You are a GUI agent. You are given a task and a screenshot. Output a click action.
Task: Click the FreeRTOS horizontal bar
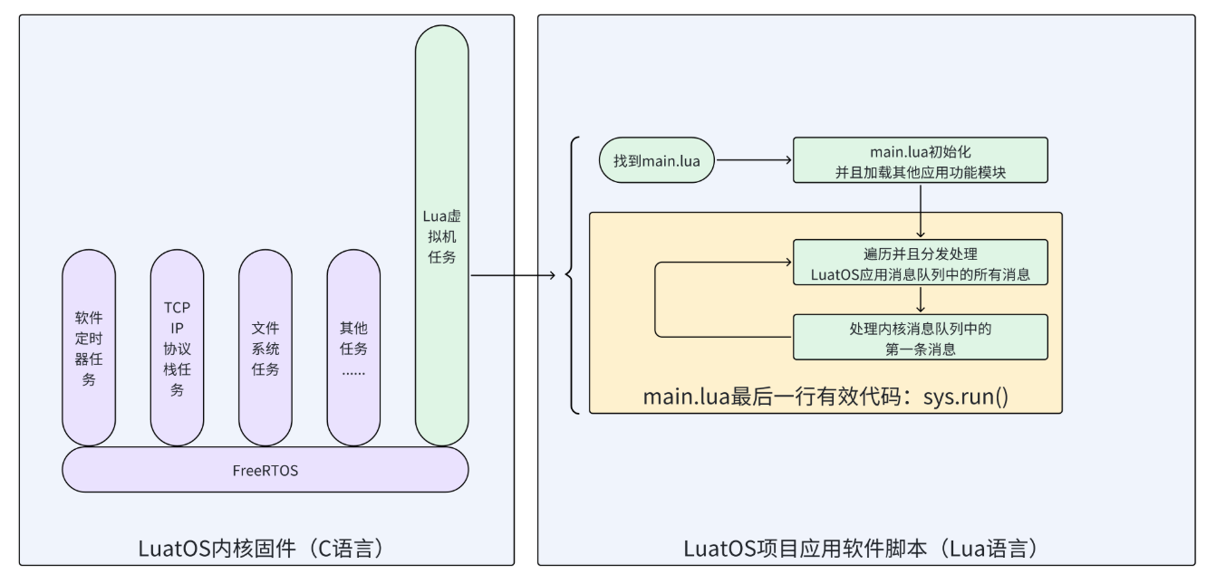(x=265, y=471)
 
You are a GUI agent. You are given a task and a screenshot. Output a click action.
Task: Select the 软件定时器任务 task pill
(x=89, y=348)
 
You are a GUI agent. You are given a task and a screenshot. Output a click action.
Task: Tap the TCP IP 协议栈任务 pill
(x=178, y=348)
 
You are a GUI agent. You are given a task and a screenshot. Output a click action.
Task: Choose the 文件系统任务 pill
(x=265, y=348)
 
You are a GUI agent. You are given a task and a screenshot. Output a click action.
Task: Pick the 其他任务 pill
(x=353, y=348)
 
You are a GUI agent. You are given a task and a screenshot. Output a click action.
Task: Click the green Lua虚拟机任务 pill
(x=441, y=235)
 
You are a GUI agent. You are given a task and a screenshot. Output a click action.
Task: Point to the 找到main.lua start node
(x=657, y=160)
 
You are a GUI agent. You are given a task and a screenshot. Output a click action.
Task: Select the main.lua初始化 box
(x=920, y=160)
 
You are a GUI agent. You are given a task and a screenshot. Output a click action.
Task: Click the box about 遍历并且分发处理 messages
(x=920, y=263)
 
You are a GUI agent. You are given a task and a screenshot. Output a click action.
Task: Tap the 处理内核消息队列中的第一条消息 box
(x=920, y=337)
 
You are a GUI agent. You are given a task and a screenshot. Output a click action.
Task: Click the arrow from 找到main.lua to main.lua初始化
(x=752, y=160)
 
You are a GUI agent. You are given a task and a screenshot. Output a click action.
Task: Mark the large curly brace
(x=571, y=273)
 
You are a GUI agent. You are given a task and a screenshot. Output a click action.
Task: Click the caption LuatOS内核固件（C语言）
(x=265, y=549)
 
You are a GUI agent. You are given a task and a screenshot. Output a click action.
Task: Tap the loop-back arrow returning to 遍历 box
(x=656, y=300)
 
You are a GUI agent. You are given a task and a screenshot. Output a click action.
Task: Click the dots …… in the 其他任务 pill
(x=353, y=371)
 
